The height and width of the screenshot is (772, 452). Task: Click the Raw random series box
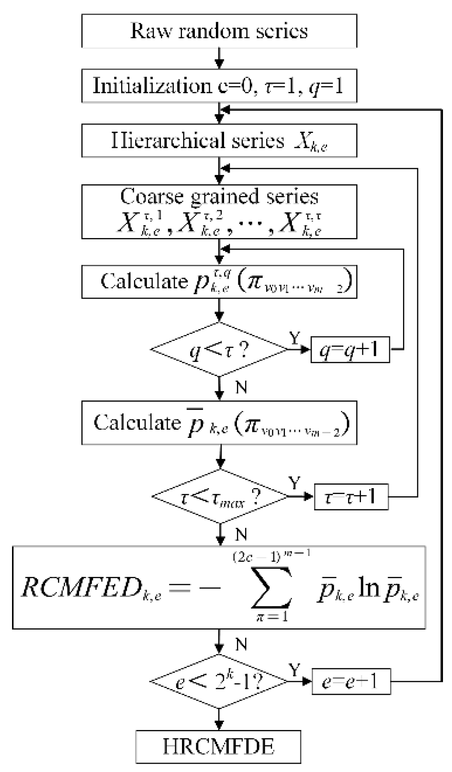(219, 31)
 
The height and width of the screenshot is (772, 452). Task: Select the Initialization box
(219, 86)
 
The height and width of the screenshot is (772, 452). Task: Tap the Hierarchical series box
(219, 141)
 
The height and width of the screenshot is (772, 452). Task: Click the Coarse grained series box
(219, 211)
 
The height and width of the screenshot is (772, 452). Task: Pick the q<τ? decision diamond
(219, 350)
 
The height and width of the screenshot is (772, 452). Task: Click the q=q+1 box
(350, 350)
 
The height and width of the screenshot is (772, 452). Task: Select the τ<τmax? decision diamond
(220, 497)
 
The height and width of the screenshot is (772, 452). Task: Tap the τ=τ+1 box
(351, 497)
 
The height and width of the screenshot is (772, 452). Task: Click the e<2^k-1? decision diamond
(219, 681)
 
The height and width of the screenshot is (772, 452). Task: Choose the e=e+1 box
(351, 681)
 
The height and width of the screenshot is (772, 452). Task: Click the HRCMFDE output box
(218, 747)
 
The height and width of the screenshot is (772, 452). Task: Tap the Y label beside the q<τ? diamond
(294, 338)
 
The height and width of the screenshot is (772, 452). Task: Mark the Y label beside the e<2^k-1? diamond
(294, 669)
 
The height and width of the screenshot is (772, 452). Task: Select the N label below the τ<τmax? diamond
(241, 534)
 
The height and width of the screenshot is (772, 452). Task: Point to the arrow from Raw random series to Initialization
(219, 58)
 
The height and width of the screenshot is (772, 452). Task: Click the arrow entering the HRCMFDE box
(219, 720)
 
